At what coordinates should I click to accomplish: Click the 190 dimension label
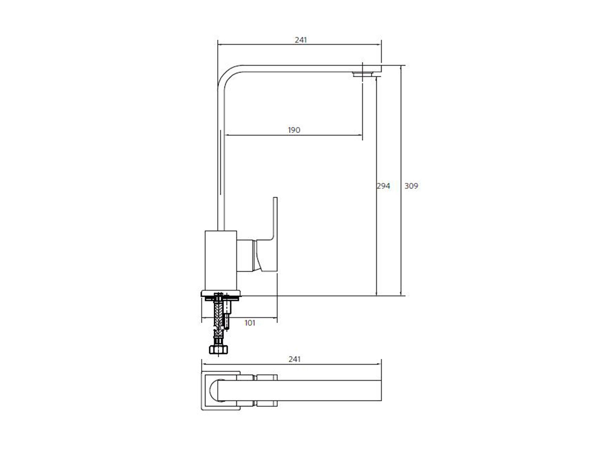pos(294,130)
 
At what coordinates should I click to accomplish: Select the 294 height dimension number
pos(383,186)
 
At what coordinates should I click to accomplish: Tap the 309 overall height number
pos(411,186)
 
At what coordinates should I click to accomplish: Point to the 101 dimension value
pos(250,323)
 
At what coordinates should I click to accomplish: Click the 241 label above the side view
pos(301,40)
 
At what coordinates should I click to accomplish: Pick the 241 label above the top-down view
pos(295,359)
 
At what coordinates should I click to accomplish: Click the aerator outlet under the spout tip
pos(363,74)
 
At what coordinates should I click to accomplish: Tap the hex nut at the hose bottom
pos(218,350)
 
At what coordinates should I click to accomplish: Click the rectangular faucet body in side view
pos(221,260)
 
